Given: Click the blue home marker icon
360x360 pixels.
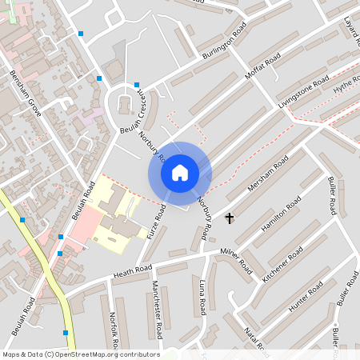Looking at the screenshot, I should [180, 172].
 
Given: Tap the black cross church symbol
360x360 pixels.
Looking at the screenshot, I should [230, 218].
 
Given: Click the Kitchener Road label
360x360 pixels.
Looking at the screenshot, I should [282, 264].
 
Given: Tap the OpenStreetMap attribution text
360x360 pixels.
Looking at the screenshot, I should [80, 354].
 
